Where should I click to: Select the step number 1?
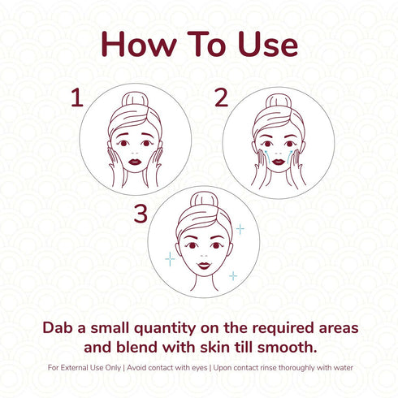(77, 98)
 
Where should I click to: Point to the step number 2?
(220, 98)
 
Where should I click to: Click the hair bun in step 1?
(136, 99)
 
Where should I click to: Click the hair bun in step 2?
(279, 99)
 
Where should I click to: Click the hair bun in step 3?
(199, 201)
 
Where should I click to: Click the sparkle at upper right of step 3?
(240, 229)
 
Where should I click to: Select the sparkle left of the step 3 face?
(170, 259)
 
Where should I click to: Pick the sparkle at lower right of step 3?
(233, 276)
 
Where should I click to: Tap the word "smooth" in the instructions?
(288, 348)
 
